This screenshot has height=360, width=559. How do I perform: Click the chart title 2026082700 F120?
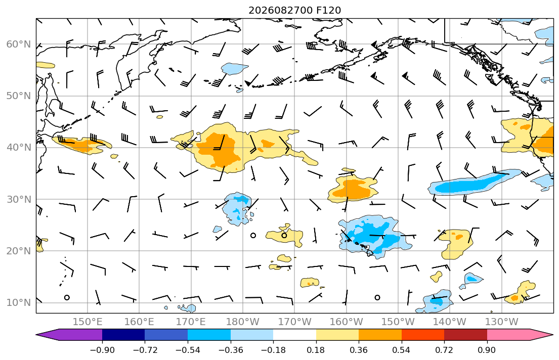[294, 10]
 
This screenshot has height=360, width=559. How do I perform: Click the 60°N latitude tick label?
[19, 44]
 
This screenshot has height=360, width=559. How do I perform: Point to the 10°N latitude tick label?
[19, 303]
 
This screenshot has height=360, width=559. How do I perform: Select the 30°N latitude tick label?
[19, 199]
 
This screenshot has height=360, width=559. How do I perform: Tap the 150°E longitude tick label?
[88, 322]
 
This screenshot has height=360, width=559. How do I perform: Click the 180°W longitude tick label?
[243, 322]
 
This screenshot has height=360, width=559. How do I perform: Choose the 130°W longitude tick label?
[502, 322]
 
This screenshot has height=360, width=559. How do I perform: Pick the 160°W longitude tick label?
[347, 322]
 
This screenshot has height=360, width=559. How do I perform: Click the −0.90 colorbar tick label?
[102, 350]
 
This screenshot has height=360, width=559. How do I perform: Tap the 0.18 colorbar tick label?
[316, 350]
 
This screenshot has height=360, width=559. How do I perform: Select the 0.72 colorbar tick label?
[444, 350]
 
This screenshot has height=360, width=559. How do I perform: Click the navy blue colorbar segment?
[123, 335]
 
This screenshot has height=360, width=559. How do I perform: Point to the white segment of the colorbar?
[294, 335]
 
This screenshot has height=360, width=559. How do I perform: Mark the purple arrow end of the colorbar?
[69, 335]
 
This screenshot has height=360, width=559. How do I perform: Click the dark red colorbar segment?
[465, 335]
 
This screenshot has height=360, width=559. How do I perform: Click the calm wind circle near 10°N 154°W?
[377, 297]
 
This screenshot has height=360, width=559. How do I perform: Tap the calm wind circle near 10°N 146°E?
[67, 297]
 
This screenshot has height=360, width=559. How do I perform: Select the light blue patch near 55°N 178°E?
[234, 68]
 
